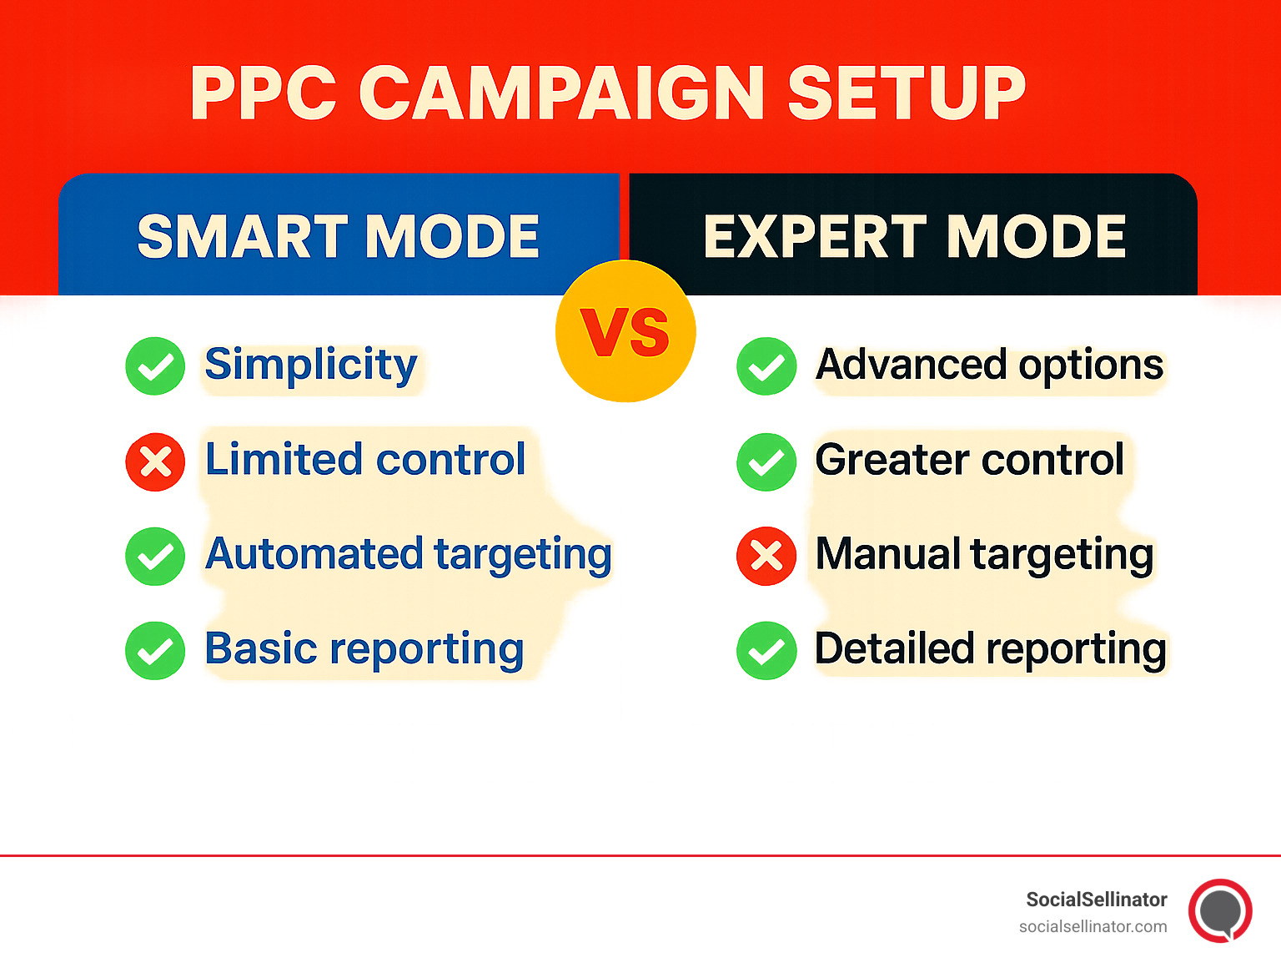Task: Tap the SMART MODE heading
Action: pyautogui.click(x=338, y=236)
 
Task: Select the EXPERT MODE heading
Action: pyautogui.click(x=914, y=236)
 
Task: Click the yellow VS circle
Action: pyautogui.click(x=625, y=331)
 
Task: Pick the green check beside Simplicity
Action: pyautogui.click(x=155, y=366)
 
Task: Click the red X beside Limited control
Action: pyautogui.click(x=155, y=461)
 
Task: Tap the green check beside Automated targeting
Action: pyautogui.click(x=155, y=556)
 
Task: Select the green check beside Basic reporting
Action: pyautogui.click(x=155, y=651)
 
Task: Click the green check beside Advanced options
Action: pyautogui.click(x=766, y=366)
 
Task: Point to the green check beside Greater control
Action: pyautogui.click(x=766, y=461)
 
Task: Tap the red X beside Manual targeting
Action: pyautogui.click(x=766, y=556)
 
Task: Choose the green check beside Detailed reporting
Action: pyautogui.click(x=766, y=651)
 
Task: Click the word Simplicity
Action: pyautogui.click(x=311, y=366)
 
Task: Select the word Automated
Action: pyautogui.click(x=314, y=554)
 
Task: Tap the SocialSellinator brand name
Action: pyautogui.click(x=1096, y=900)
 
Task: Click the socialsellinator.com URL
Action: pyautogui.click(x=1093, y=926)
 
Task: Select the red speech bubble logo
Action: pyautogui.click(x=1220, y=910)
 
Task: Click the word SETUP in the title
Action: pyautogui.click(x=907, y=93)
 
